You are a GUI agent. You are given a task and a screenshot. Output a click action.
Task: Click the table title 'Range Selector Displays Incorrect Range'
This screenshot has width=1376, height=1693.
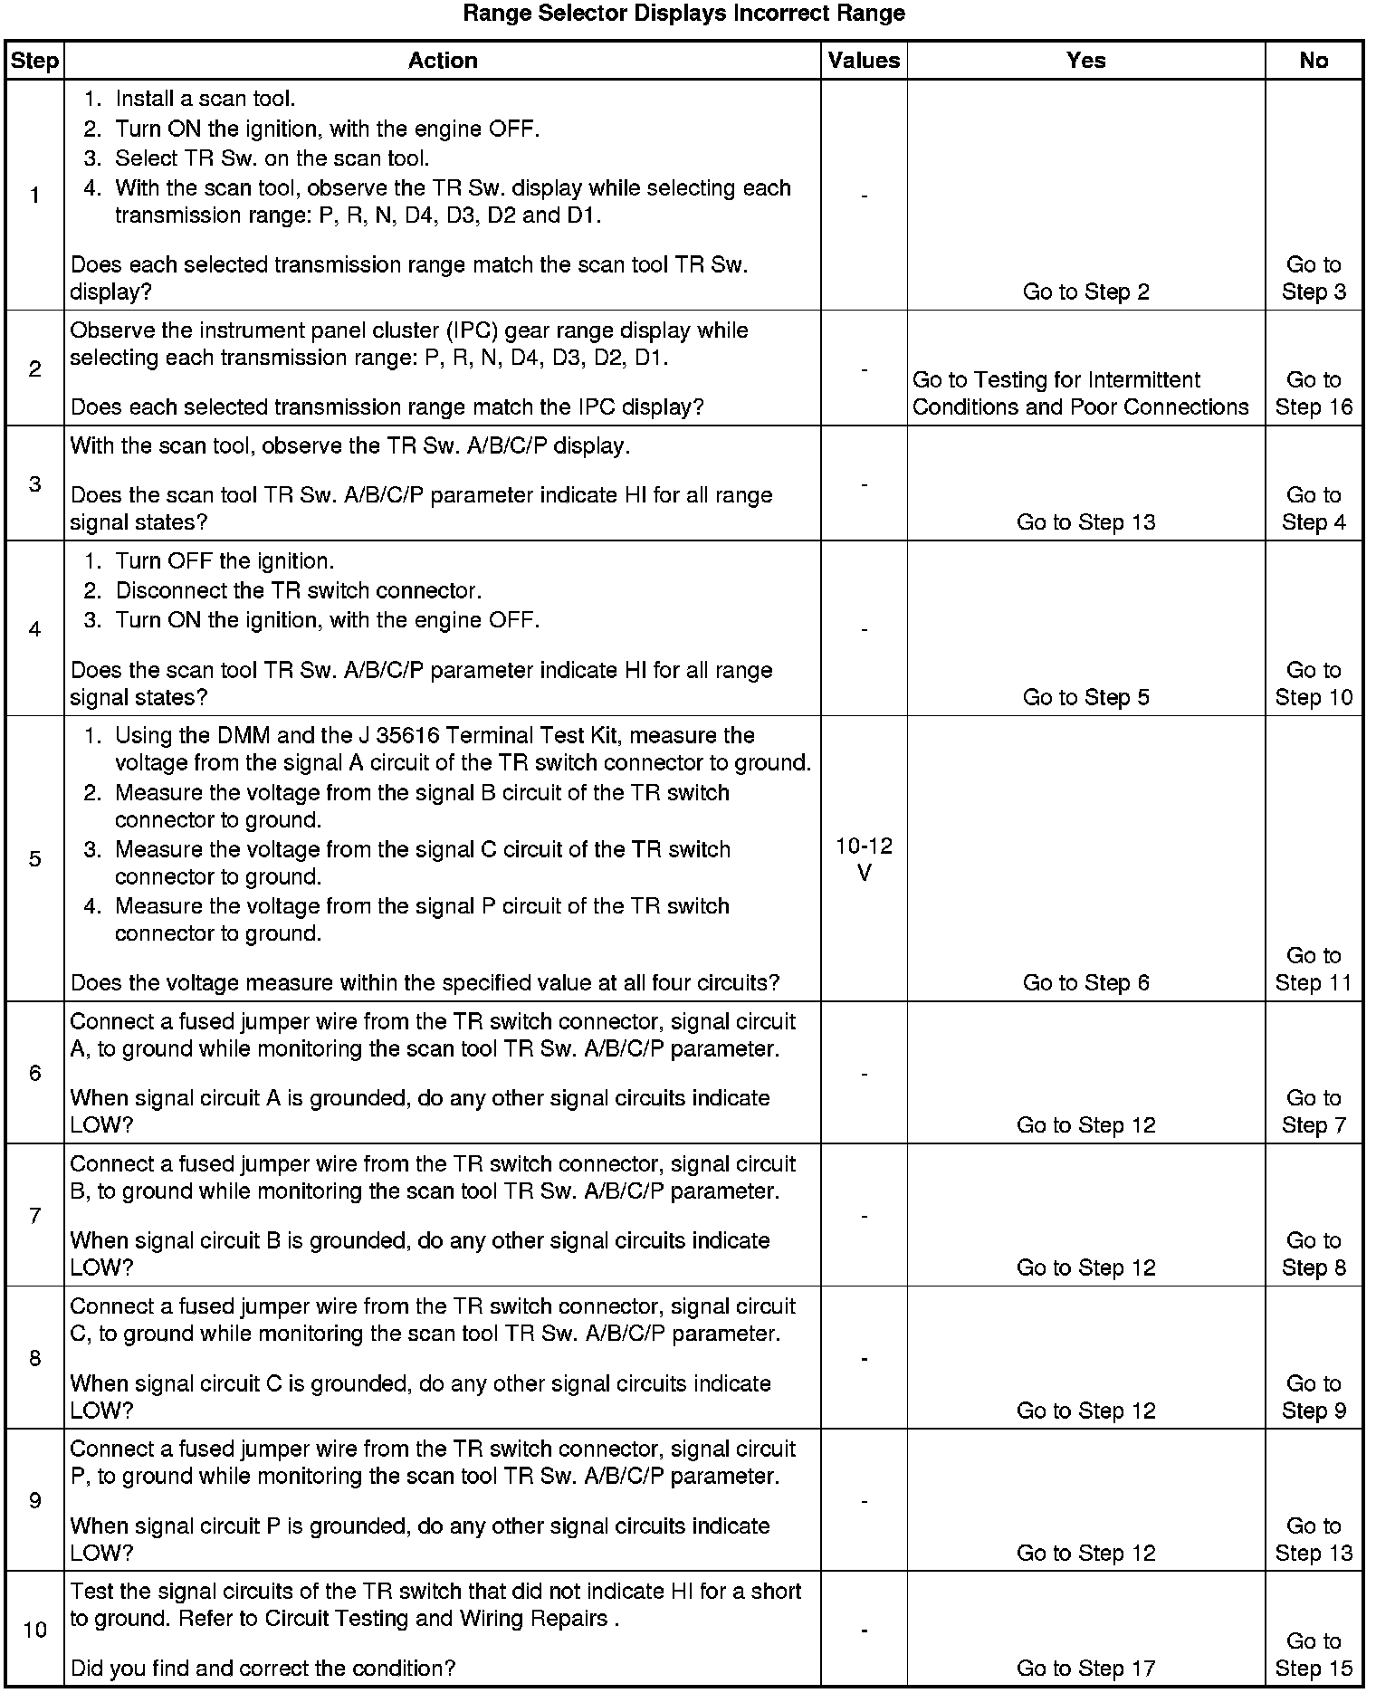[x=683, y=14]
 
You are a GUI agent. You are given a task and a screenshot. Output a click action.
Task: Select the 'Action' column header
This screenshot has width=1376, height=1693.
[x=443, y=61]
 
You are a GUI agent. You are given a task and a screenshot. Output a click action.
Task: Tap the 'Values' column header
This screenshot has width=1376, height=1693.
[x=864, y=61]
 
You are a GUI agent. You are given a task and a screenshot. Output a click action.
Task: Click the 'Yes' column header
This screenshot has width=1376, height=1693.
[x=1085, y=61]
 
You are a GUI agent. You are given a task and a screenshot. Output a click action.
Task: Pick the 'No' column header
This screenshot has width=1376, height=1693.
[x=1314, y=61]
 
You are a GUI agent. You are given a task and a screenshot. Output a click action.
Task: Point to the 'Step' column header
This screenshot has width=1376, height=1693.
[x=34, y=61]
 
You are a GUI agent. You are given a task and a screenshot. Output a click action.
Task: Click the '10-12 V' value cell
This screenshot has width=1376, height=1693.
[x=864, y=859]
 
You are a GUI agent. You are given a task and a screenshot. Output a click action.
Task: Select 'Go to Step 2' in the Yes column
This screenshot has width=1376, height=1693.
[x=1085, y=292]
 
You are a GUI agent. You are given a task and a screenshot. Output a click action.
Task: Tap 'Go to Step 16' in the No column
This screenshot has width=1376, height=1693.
[x=1314, y=393]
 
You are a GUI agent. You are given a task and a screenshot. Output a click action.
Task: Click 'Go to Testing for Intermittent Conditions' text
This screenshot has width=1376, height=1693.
[x=1080, y=393]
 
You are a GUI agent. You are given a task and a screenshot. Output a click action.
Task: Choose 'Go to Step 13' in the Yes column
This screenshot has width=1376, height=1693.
[x=1085, y=521]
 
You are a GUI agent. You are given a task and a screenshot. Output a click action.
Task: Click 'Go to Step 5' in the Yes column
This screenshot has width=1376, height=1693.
[x=1085, y=697]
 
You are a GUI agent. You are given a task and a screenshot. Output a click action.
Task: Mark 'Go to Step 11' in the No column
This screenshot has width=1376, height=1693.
[x=1314, y=969]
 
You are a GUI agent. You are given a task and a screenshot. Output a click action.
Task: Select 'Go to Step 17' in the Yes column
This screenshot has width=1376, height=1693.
[x=1085, y=1668]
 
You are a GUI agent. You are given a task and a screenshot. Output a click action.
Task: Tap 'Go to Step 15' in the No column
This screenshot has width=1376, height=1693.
[x=1314, y=1654]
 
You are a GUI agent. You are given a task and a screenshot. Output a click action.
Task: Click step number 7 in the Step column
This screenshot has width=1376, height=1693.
[x=34, y=1215]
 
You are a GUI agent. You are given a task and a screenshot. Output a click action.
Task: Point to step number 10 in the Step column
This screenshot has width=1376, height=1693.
[x=34, y=1630]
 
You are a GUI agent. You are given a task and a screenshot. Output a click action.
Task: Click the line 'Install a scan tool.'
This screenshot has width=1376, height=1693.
[x=205, y=99]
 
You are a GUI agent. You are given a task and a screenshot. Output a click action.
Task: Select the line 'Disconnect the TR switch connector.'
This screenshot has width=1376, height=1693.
[x=298, y=591]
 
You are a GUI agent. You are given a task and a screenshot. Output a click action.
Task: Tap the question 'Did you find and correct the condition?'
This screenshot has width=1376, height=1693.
[x=263, y=1668]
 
